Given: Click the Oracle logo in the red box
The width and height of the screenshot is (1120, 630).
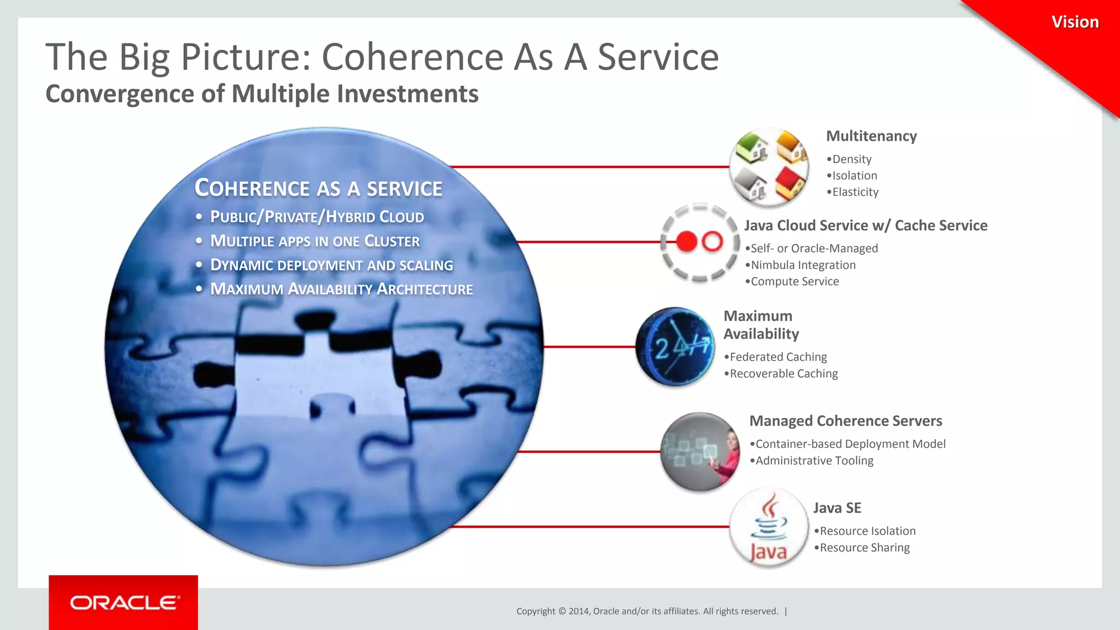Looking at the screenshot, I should click(124, 603).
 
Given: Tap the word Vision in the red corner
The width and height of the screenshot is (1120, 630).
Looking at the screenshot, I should click(1075, 22).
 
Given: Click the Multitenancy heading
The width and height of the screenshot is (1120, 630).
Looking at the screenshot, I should click(871, 136).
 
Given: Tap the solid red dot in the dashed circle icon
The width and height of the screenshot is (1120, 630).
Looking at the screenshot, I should click(686, 241).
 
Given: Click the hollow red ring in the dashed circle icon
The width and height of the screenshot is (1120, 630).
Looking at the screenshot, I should click(712, 241).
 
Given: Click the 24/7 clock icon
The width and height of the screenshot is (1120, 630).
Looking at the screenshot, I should click(675, 347).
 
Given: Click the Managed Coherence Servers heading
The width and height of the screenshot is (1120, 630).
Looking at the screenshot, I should click(845, 421).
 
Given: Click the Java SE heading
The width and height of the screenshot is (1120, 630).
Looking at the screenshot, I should click(837, 508).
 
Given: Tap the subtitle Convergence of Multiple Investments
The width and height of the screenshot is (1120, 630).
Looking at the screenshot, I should click(262, 94).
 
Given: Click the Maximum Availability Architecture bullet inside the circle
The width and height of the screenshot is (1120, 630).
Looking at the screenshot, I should click(341, 289).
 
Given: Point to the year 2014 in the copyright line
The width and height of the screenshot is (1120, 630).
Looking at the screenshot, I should click(579, 611).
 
